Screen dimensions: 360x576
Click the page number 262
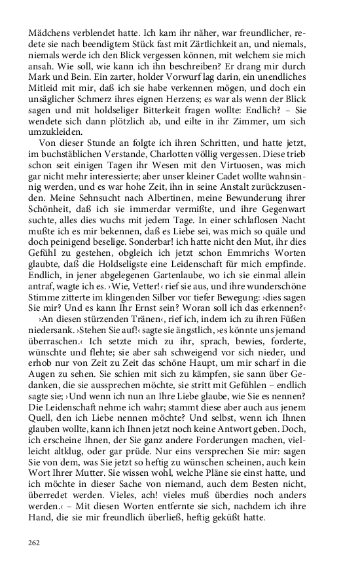coord(34,543)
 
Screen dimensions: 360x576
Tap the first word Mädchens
coord(48,32)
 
